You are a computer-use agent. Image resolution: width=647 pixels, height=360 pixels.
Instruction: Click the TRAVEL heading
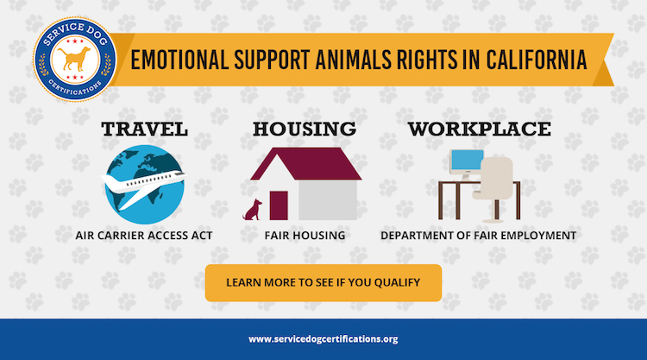coord(144,129)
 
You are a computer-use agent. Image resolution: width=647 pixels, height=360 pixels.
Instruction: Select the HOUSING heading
coord(305,129)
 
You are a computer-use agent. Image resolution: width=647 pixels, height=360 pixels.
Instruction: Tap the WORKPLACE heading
coord(480,129)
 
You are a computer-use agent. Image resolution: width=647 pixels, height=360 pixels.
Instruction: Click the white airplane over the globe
coord(143,186)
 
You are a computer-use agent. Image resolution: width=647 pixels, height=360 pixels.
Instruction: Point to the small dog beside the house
coord(253,210)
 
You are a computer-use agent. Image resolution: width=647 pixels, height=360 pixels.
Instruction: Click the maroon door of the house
coord(279,205)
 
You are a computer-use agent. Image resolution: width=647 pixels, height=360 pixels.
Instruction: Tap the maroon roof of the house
coord(305,164)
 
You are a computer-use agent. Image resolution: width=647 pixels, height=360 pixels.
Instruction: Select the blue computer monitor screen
coord(468,161)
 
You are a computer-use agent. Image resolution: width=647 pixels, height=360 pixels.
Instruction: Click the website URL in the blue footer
coord(323,339)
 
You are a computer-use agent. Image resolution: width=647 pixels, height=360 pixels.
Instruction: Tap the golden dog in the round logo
coord(75,58)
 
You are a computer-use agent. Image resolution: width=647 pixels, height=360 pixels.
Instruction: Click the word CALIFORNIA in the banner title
coord(536,60)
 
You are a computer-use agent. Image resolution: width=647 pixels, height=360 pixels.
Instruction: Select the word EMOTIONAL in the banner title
coord(180,60)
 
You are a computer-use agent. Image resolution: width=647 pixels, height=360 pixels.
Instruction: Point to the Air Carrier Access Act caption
coord(144,236)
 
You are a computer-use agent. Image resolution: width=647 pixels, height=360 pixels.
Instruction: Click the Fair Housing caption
coord(305,236)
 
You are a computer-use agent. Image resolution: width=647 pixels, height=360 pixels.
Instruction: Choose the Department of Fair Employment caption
coord(478,236)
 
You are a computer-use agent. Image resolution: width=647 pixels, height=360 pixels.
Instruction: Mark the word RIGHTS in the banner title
coord(427,60)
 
